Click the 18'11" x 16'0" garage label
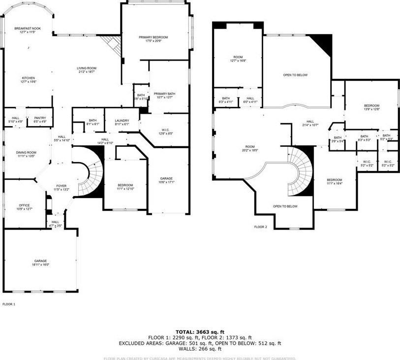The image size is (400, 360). tap(40, 262)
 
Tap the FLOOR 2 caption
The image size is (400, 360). tap(260, 227)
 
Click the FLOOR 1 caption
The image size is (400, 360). tap(9, 304)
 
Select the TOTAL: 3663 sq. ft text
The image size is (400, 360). tap(200, 331)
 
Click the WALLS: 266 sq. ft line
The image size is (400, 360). tap(200, 349)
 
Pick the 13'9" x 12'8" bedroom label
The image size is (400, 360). tap(371, 107)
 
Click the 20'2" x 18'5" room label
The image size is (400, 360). tap(250, 149)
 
